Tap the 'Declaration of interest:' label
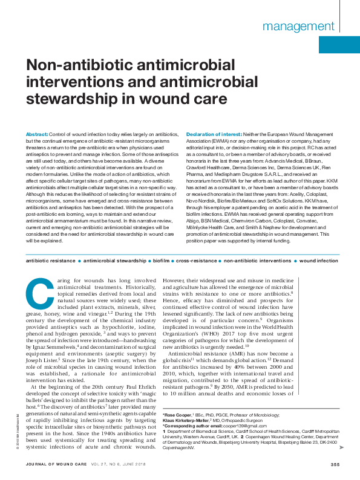coord(214,133)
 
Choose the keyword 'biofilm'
coord(160,261)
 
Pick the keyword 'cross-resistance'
coord(197,261)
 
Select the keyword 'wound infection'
coord(319,261)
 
